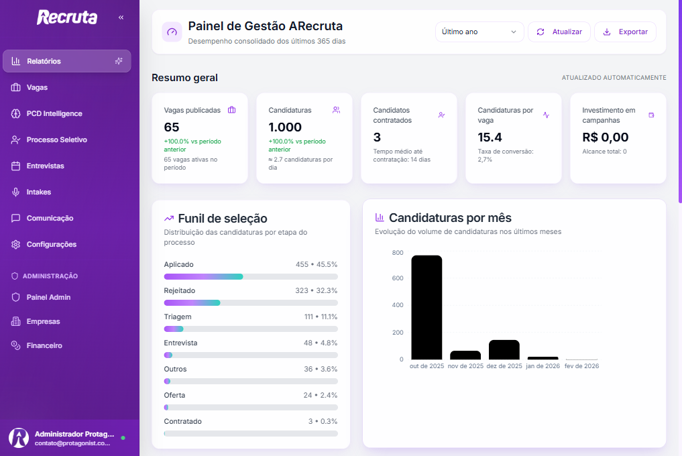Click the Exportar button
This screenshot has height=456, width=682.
(x=625, y=32)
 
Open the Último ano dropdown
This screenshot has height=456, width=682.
(x=479, y=32)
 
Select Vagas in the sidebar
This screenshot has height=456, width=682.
(x=37, y=87)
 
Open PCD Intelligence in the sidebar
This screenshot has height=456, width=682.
(x=54, y=113)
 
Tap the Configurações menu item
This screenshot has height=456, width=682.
(x=51, y=244)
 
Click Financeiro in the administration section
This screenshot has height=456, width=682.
(x=44, y=345)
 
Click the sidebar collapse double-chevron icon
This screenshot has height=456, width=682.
(x=121, y=17)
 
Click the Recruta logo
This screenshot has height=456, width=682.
(x=67, y=17)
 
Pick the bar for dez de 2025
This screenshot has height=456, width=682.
(x=504, y=349)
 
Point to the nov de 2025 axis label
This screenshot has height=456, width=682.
(x=465, y=366)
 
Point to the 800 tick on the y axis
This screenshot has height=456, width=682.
(x=398, y=253)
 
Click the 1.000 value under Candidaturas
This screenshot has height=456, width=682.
(x=285, y=127)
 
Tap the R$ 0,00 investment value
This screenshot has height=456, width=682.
(x=606, y=137)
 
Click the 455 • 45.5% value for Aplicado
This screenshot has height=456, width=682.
(x=317, y=264)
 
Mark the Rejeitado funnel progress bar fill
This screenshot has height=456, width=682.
(x=192, y=303)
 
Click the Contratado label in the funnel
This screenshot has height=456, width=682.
(x=182, y=421)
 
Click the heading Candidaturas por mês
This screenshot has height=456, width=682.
(x=450, y=218)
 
